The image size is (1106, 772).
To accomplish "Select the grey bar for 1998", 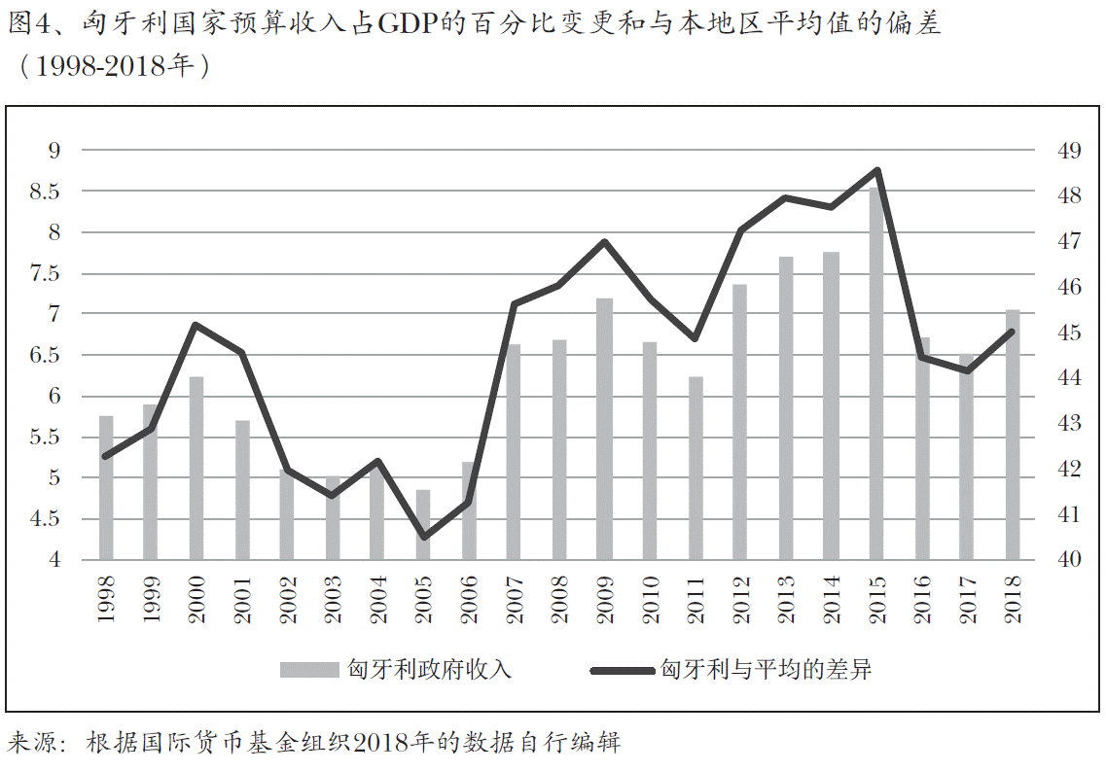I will tap(106, 487).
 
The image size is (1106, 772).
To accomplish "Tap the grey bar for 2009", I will tap(604, 428).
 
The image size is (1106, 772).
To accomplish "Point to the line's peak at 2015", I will tap(876, 170).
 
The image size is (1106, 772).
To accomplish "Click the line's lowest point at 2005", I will tap(423, 538).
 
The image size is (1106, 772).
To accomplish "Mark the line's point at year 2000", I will tap(196, 325).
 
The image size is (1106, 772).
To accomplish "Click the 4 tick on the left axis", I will tap(54, 560).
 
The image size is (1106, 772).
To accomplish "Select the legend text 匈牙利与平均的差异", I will tap(765, 670).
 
